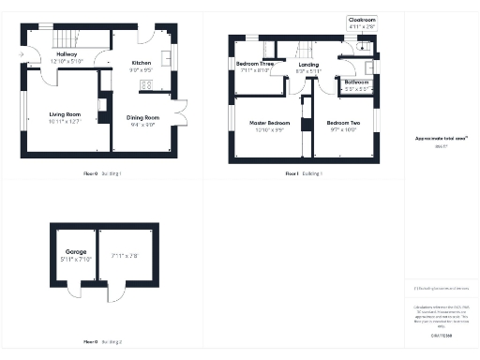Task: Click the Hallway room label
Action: point(66,54)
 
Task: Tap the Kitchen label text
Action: point(141,63)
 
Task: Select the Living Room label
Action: point(65,115)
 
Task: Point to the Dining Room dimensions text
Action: point(143,124)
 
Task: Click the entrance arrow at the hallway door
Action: point(20,55)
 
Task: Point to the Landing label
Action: point(307,66)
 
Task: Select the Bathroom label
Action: point(356,82)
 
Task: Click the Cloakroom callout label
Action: point(361,19)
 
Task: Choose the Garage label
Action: point(76,252)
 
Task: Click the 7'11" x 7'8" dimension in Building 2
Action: point(125,255)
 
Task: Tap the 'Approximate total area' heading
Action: point(441,138)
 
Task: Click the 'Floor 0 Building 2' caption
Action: point(103,341)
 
